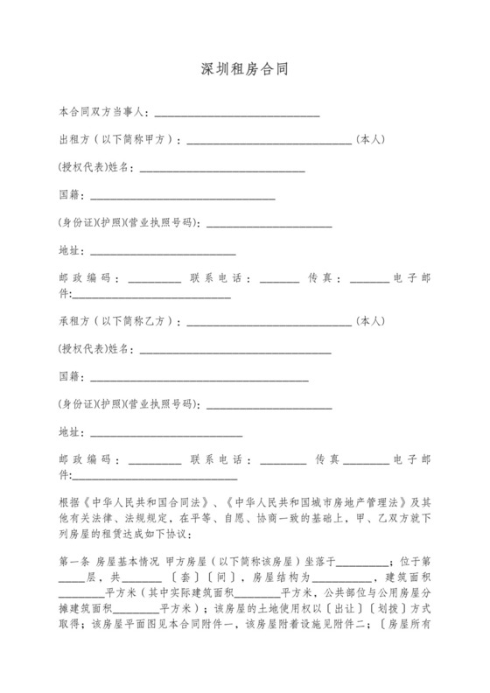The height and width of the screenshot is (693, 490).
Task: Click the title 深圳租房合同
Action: coord(244,68)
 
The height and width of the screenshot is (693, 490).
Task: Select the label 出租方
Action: coord(72,138)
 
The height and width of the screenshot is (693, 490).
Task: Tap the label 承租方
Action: coord(72,321)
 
